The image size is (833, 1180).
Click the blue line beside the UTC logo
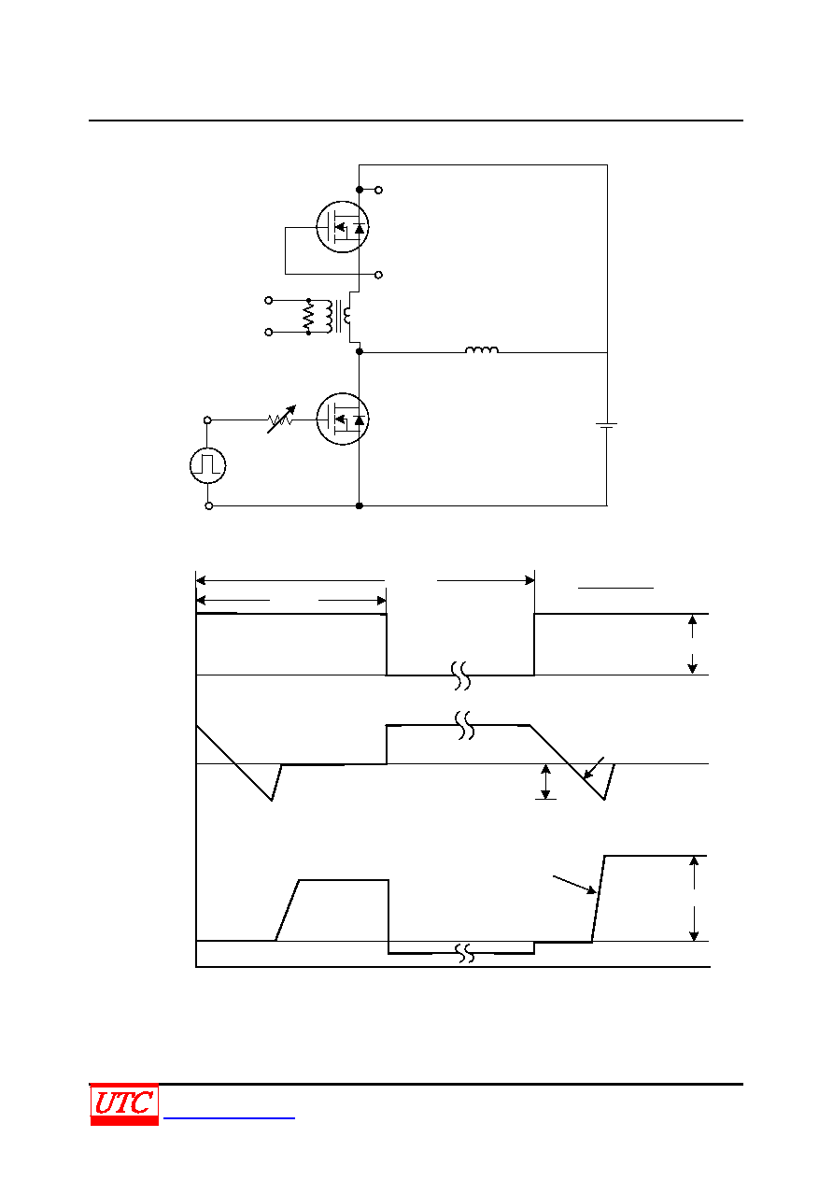click(x=229, y=1117)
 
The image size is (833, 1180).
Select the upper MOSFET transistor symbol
click(x=342, y=227)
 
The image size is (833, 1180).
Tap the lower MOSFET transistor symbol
click(x=342, y=419)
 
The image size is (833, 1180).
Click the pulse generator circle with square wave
click(x=208, y=465)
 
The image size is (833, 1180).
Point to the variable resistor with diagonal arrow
click(x=281, y=419)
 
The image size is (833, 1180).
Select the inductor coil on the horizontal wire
click(x=482, y=349)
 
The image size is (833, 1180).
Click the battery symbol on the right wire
click(x=607, y=425)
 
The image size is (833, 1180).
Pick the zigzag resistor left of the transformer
click(x=308, y=316)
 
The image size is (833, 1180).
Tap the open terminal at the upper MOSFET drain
click(x=378, y=190)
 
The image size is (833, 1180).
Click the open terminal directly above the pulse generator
click(x=207, y=419)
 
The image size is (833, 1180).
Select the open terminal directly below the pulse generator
click(x=209, y=506)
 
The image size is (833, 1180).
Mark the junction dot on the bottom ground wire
click(x=360, y=505)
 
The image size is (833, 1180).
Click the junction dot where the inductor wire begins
click(x=360, y=351)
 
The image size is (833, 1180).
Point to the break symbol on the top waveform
click(x=460, y=675)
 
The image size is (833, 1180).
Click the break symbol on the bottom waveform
click(x=464, y=953)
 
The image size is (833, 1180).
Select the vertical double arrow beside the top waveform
click(x=692, y=645)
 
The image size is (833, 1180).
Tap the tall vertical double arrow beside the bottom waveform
click(x=694, y=898)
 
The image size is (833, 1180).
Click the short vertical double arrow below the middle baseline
click(x=545, y=782)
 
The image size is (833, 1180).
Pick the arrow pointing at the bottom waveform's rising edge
click(x=574, y=885)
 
